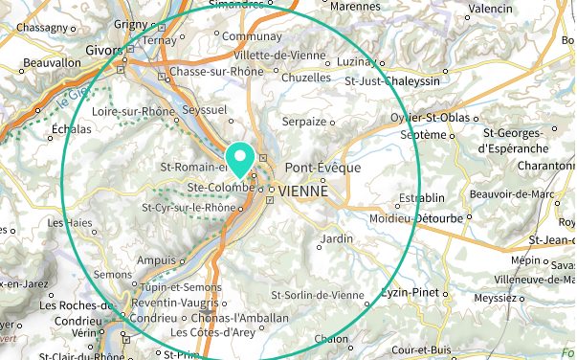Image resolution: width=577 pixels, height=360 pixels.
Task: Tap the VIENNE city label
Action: click(x=303, y=191)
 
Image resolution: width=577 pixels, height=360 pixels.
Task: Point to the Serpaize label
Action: click(x=304, y=122)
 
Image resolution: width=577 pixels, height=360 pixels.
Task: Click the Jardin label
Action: click(x=338, y=237)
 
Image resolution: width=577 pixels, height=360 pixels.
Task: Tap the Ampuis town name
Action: click(x=158, y=259)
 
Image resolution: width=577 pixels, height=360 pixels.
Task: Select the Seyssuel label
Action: click(x=205, y=110)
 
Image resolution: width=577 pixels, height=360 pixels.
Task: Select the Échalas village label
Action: click(x=72, y=129)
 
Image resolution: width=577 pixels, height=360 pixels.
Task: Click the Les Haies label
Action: click(x=70, y=222)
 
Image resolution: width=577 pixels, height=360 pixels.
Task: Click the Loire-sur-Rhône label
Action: click(x=134, y=111)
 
